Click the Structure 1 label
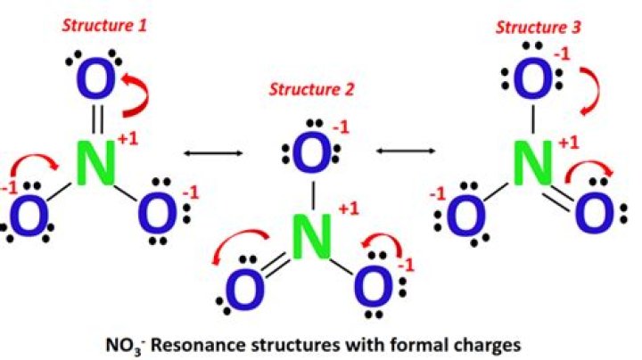104,26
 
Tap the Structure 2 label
311,89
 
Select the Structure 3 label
539,28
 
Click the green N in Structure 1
95,163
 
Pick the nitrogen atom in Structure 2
312,238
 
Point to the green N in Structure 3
532,163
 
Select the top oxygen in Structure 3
532,78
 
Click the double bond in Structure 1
97,119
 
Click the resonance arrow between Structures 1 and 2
213,153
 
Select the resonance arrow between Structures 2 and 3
406,151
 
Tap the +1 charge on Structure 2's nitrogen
349,209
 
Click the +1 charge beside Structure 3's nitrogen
569,143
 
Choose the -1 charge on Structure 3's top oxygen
562,54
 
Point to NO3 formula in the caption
125,346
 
